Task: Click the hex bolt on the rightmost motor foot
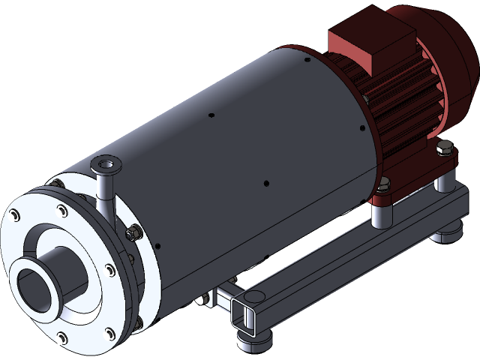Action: (x=448, y=152)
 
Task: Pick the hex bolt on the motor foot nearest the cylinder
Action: (x=385, y=182)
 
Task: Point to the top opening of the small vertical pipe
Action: (x=105, y=163)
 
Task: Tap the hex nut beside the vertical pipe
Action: (x=133, y=235)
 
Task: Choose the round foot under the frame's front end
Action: (x=255, y=341)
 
